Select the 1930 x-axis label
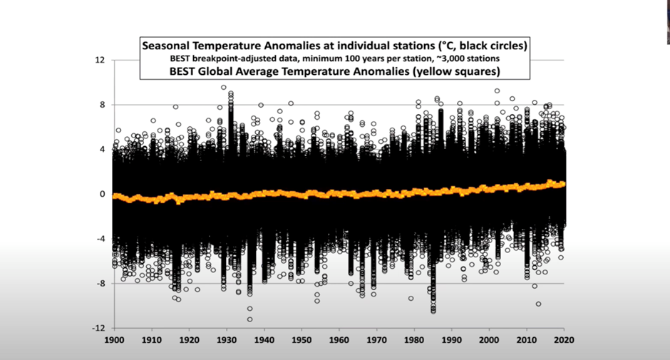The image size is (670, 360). (x=227, y=341)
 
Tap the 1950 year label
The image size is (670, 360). (x=302, y=341)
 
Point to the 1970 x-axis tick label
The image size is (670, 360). (x=378, y=341)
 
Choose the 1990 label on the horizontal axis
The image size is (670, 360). (x=453, y=341)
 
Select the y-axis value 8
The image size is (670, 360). (x=102, y=105)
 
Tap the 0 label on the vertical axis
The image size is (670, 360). (x=102, y=194)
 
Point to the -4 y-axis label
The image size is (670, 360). (x=100, y=239)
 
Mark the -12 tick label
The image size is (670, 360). (x=98, y=328)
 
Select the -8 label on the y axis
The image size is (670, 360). (x=100, y=283)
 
